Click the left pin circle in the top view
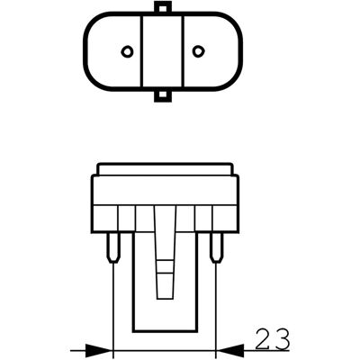click(x=127, y=51)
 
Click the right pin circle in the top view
click(x=197, y=51)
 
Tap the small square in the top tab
click(x=162, y=7)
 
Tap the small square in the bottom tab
click(x=162, y=94)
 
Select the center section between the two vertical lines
click(x=162, y=51)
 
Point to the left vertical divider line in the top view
click(x=141, y=51)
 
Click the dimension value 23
click(x=273, y=338)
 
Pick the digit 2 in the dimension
click(x=263, y=338)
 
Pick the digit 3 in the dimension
click(x=283, y=338)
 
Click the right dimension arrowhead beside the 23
click(x=229, y=350)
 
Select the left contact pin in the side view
click(x=113, y=247)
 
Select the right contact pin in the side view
click(x=217, y=247)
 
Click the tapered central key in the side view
click(x=166, y=253)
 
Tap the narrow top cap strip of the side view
click(x=165, y=169)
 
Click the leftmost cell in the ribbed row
click(x=104, y=219)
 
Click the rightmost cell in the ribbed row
click(x=226, y=219)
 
